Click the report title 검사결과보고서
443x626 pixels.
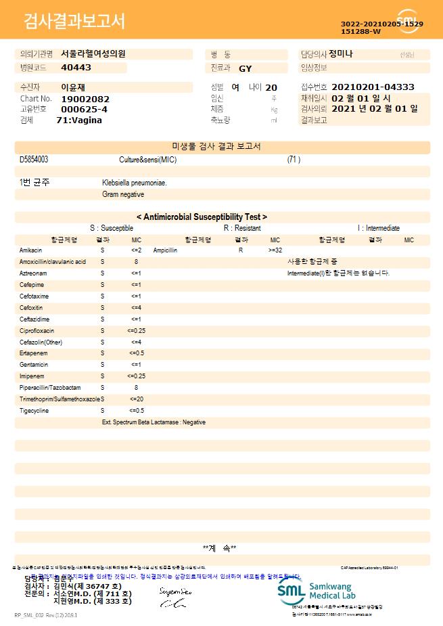pos(74,22)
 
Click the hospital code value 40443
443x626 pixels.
pos(76,68)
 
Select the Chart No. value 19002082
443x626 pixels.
pos(85,99)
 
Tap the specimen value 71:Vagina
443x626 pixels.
pos(79,120)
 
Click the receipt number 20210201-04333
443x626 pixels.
pos(373,87)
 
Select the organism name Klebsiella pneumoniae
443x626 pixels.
pos(135,183)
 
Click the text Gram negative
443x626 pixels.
pos(123,194)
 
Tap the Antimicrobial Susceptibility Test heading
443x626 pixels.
pos(202,217)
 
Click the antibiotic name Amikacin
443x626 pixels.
pos(31,250)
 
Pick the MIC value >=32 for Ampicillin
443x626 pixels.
pos(275,250)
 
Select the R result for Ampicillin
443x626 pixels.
pos(241,250)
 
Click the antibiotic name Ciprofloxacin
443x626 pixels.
pos(37,331)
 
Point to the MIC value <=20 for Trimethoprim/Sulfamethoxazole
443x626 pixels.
pos(136,399)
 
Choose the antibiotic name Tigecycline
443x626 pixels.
pos(34,411)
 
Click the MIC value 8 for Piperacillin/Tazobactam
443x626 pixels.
pos(136,388)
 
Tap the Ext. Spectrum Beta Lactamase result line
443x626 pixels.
pos(154,422)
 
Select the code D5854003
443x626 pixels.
pos(34,160)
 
